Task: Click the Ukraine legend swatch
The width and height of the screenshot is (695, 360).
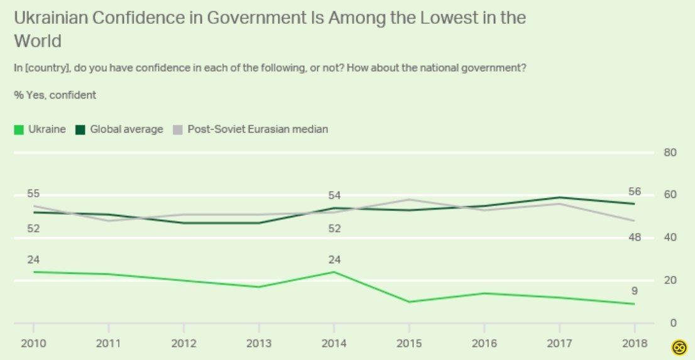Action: pyautogui.click(x=19, y=129)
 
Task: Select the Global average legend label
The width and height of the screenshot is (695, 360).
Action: pyautogui.click(x=126, y=129)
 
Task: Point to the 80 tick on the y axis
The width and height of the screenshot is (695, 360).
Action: pyautogui.click(x=670, y=153)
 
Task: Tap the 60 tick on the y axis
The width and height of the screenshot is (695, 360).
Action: pyautogui.click(x=670, y=195)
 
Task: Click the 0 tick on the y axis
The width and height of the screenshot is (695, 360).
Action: pyautogui.click(x=672, y=323)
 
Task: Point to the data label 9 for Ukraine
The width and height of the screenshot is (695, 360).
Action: pyautogui.click(x=633, y=290)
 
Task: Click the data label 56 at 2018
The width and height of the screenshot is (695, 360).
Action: pyautogui.click(x=633, y=192)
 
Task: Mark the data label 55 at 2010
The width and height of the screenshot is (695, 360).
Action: pyautogui.click(x=33, y=194)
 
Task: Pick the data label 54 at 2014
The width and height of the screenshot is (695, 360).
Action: pyautogui.click(x=334, y=195)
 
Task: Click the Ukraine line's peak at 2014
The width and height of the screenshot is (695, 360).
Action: pyautogui.click(x=334, y=272)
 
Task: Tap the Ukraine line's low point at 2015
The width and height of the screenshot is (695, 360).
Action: pyautogui.click(x=408, y=302)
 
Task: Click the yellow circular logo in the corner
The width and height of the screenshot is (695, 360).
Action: pyautogui.click(x=679, y=346)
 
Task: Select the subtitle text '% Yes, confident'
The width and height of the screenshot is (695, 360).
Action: pyautogui.click(x=55, y=95)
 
